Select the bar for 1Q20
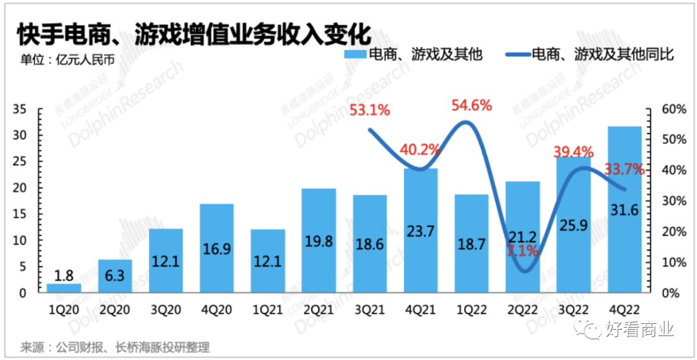64,288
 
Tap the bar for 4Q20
216,248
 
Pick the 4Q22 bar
624,210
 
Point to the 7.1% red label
522,251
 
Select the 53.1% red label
370,110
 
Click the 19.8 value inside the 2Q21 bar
318,241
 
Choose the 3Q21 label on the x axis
369,310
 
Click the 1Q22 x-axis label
471,310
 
